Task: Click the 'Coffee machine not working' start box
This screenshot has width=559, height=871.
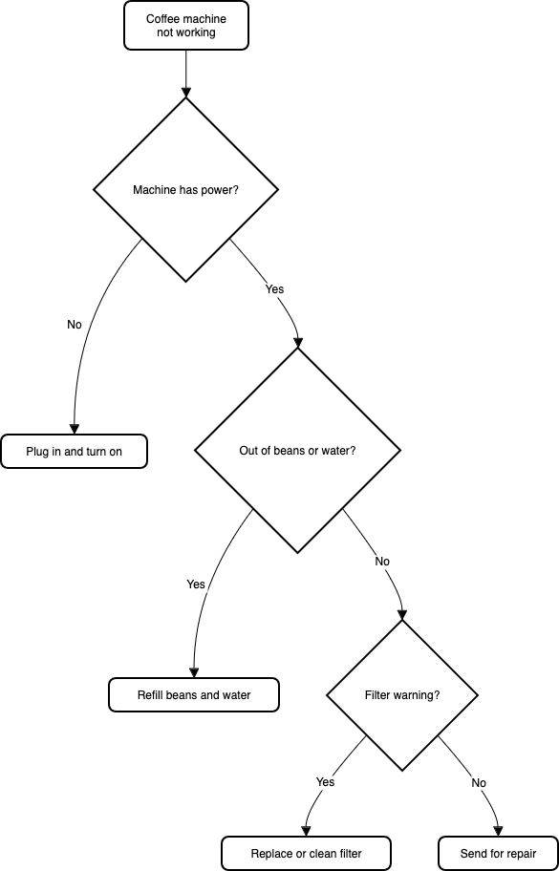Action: [x=186, y=26]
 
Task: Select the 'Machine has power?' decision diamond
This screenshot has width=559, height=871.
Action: [x=185, y=189]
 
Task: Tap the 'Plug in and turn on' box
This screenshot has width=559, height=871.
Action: [x=74, y=452]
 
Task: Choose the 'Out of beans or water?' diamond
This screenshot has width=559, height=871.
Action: [x=297, y=450]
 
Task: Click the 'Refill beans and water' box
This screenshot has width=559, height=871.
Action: [x=194, y=695]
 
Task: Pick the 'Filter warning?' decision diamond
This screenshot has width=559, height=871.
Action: [x=402, y=695]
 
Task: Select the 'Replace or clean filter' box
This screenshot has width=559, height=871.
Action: [x=306, y=854]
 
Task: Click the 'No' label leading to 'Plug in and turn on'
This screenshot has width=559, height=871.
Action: [x=75, y=325]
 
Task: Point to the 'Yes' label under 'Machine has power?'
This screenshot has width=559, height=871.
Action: [x=274, y=288]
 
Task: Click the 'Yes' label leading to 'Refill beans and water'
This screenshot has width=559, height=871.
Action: [x=196, y=584]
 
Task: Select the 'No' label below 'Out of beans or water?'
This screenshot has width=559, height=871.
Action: [x=382, y=562]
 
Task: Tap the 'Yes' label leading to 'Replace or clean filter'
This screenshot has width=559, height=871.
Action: [x=325, y=782]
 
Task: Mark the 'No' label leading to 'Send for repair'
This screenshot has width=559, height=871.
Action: [x=479, y=783]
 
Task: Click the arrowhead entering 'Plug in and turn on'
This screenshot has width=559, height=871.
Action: [x=74, y=430]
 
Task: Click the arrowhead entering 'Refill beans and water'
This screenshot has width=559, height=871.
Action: [x=194, y=672]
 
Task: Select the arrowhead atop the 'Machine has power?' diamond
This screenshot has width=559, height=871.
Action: [x=185, y=92]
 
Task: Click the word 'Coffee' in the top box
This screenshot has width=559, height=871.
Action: [x=162, y=19]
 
